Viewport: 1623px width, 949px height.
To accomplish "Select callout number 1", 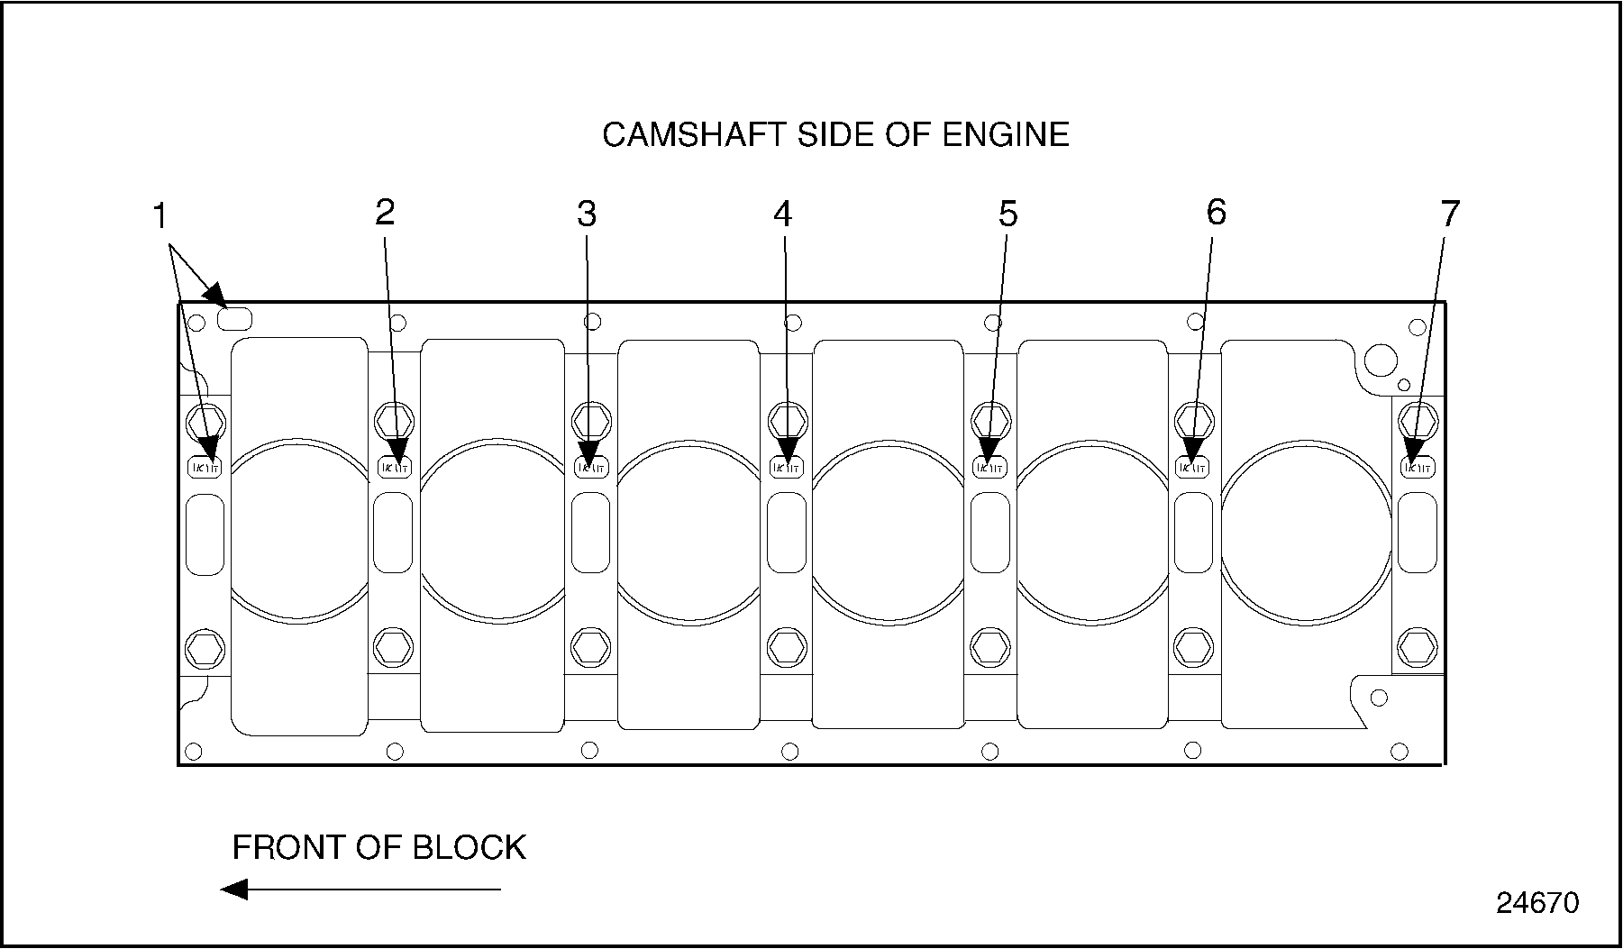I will pos(160,217).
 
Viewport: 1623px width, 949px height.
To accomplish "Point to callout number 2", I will pos(385,213).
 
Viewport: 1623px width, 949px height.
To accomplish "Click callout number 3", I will pos(587,214).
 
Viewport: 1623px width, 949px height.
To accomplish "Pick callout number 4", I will pos(782,214).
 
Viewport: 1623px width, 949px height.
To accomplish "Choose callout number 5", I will pos(1008,214).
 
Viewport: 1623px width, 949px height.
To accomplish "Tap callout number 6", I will pos(1216,213).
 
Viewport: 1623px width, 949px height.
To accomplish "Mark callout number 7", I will pos(1449,214).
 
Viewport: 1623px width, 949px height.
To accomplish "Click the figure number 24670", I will pos(1537,903).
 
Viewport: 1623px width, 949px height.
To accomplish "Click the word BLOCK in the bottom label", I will pos(469,848).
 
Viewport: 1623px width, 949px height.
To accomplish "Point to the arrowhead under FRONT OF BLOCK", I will pos(234,890).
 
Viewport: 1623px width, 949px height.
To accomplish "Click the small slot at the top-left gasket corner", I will pos(236,318).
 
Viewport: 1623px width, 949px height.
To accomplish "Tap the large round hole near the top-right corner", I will pos(1380,360).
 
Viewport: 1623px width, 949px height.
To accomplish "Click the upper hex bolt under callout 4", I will pos(786,420).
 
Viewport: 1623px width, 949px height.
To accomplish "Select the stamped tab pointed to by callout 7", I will pos(1417,467).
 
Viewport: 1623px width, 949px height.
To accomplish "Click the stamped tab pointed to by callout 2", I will pos(394,467).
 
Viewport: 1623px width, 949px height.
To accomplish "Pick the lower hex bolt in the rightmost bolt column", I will pos(1417,646).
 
